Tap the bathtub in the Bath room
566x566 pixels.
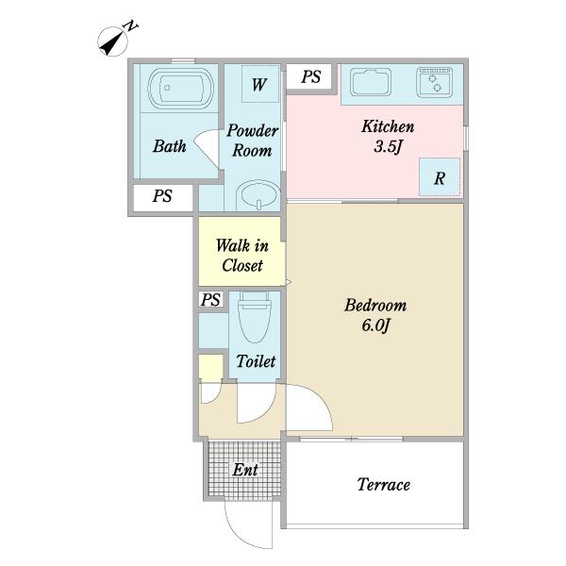coord(181,89)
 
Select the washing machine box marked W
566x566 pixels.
coord(260,84)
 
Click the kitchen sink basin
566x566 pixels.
coord(371,82)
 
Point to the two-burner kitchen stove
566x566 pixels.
coord(434,82)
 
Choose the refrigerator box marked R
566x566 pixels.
coord(440,177)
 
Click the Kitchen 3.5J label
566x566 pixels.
coord(388,137)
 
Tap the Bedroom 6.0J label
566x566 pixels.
coord(375,315)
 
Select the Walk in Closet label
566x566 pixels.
coord(242,256)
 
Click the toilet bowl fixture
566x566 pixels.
coord(255,317)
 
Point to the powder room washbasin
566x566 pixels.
coord(258,194)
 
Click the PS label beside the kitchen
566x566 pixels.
coord(310,76)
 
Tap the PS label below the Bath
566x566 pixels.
coord(162,196)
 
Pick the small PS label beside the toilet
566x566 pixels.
coord(210,300)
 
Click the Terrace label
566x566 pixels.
coord(383,485)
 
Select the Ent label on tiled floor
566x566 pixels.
coord(245,470)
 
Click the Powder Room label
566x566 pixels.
coord(252,141)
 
